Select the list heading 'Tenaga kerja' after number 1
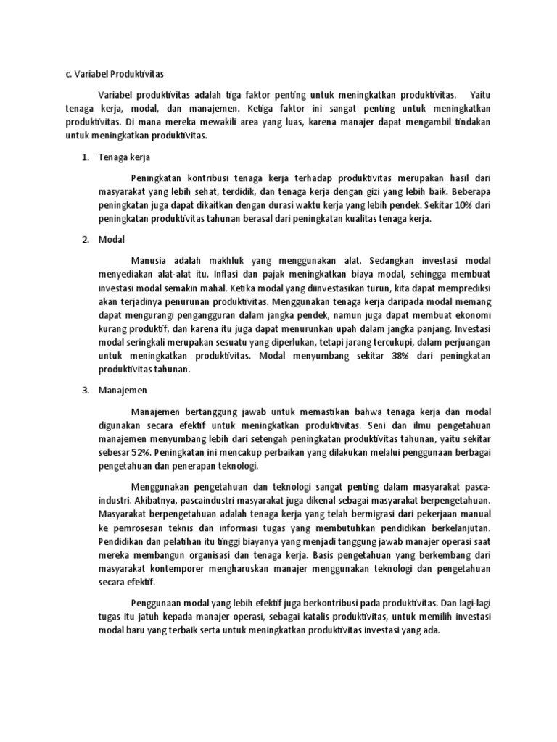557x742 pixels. [x=123, y=157]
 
